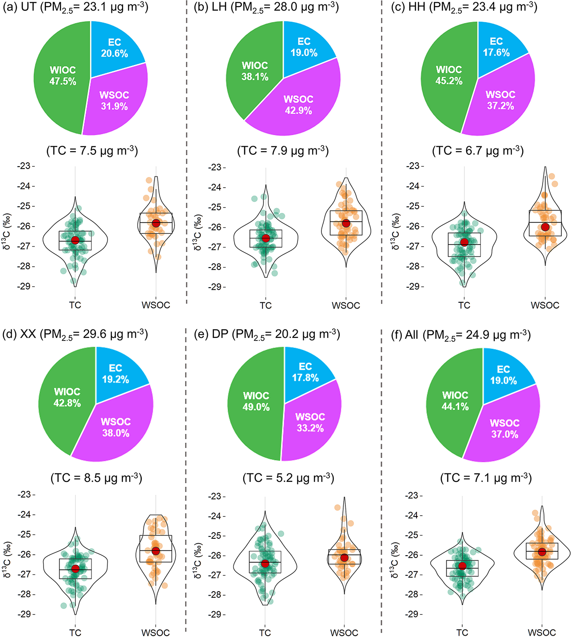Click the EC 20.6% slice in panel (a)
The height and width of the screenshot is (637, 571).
click(114, 48)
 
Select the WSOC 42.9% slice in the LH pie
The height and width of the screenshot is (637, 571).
click(298, 104)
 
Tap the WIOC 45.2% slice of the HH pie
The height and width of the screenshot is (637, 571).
click(448, 75)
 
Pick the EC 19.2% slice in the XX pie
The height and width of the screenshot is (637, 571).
click(115, 374)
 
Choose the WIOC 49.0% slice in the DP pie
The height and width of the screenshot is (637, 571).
click(256, 401)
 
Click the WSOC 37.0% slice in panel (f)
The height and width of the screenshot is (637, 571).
click(504, 429)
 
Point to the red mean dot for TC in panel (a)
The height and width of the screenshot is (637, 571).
click(75, 240)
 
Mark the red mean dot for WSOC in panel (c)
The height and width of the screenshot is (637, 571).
click(545, 227)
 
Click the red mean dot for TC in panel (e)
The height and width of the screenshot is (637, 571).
click(265, 564)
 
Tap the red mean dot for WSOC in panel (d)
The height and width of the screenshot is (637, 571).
click(155, 551)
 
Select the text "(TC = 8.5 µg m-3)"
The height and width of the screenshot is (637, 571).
click(96, 478)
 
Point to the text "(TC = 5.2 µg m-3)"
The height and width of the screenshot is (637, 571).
click(288, 478)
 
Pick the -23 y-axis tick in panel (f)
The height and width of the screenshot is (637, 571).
click(414, 496)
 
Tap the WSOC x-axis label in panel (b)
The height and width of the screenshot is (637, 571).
click(346, 305)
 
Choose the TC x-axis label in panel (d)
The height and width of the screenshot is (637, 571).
click(75, 633)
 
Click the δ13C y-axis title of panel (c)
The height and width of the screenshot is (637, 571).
click(396, 231)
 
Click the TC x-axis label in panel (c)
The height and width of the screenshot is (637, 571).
click(464, 305)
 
